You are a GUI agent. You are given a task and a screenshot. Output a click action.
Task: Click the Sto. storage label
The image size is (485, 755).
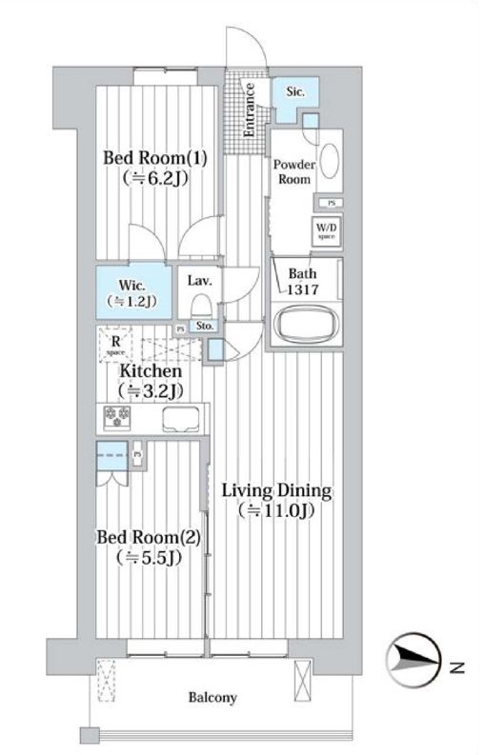(x=204, y=327)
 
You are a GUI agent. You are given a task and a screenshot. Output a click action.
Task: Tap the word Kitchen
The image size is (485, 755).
(x=150, y=371)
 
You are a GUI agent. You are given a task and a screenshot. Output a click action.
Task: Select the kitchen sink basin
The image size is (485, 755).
(x=181, y=417)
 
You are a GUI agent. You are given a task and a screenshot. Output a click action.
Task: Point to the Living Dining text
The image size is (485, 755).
(x=276, y=491)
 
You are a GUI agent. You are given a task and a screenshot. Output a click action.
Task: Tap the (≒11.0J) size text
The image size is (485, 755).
(x=276, y=511)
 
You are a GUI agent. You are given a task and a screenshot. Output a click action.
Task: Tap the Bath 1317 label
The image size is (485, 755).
(x=303, y=282)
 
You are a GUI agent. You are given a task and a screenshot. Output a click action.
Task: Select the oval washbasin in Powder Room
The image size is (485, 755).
(x=328, y=160)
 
